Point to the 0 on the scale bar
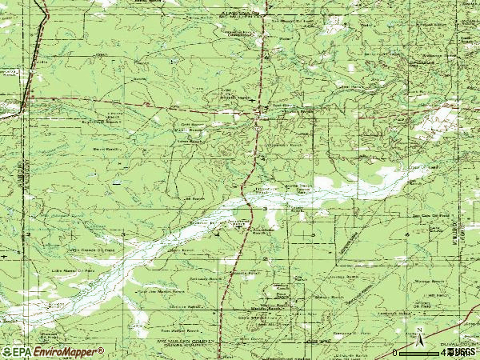click(395, 352)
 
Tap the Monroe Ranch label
click(433, 282)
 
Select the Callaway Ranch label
click(204, 278)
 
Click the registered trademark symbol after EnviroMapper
click(101, 349)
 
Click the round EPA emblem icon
click(6, 352)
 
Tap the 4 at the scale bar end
click(442, 352)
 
